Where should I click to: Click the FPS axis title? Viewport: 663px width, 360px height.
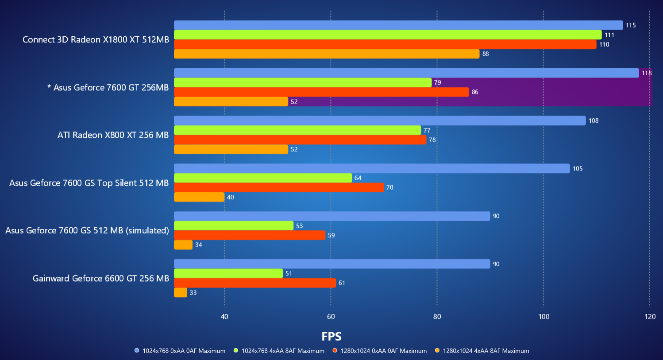[x=331, y=337]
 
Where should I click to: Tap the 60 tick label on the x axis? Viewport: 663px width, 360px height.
[x=331, y=317]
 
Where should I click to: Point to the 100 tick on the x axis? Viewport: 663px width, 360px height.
[x=544, y=317]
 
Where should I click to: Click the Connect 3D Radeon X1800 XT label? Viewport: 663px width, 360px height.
[x=96, y=40]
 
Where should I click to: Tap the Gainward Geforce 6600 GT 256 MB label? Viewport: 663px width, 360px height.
[x=101, y=279]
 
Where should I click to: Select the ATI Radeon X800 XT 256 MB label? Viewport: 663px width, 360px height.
[x=113, y=135]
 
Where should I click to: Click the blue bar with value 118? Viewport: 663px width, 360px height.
[x=406, y=73]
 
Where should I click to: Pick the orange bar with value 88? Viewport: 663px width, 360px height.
[x=327, y=54]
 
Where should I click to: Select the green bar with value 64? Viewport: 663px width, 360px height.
[x=263, y=178]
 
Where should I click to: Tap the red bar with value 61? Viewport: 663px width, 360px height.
[x=255, y=283]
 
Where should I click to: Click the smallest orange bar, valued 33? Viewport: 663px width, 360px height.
[x=181, y=293]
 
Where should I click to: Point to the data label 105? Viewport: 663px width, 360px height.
[x=578, y=169]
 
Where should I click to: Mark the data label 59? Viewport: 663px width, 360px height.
[x=331, y=236]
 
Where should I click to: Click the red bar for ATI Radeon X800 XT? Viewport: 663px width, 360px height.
[x=300, y=140]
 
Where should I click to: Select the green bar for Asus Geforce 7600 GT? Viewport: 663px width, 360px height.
[x=303, y=83]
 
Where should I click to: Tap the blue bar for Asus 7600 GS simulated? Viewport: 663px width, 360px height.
[x=332, y=216]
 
